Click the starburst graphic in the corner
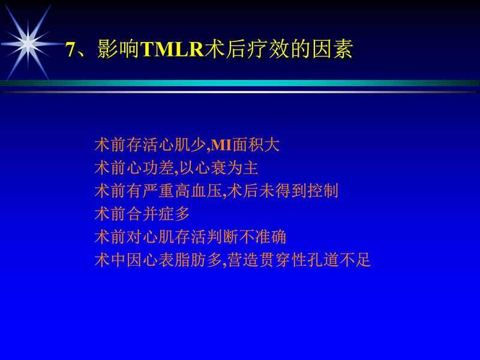tap(28, 41)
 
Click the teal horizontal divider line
tap(240, 83)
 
